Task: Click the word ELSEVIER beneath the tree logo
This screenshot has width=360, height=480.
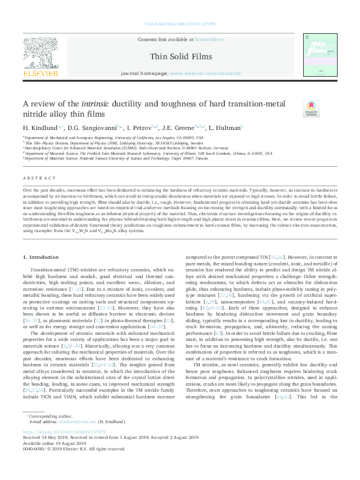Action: pyautogui.click(x=41, y=74)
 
